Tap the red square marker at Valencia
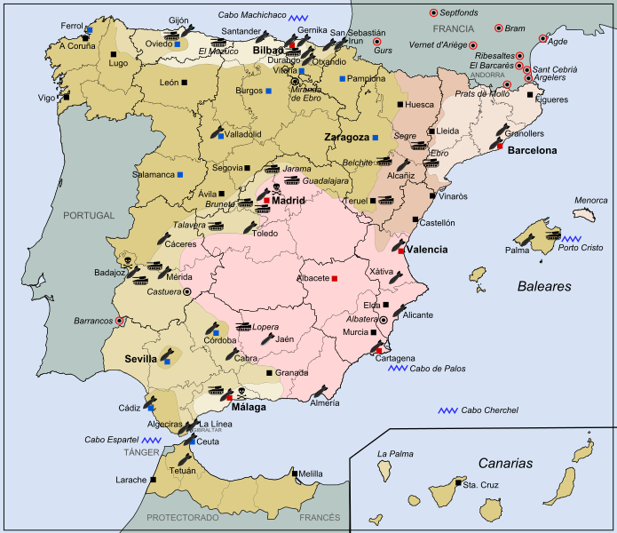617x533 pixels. tap(401, 251)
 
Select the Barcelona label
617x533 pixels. tap(532, 150)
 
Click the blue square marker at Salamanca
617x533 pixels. tap(180, 174)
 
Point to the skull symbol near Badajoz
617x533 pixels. tap(130, 260)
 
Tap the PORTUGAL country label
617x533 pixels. tap(89, 215)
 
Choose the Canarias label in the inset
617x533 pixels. tap(505, 463)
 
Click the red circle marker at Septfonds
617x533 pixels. tap(433, 12)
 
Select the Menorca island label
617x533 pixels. tap(591, 201)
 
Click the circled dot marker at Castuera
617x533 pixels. tap(187, 290)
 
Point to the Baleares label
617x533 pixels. tap(544, 286)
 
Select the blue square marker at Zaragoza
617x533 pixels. tap(376, 138)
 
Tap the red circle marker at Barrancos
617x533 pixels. tap(120, 321)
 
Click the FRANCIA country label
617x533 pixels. tap(454, 29)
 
